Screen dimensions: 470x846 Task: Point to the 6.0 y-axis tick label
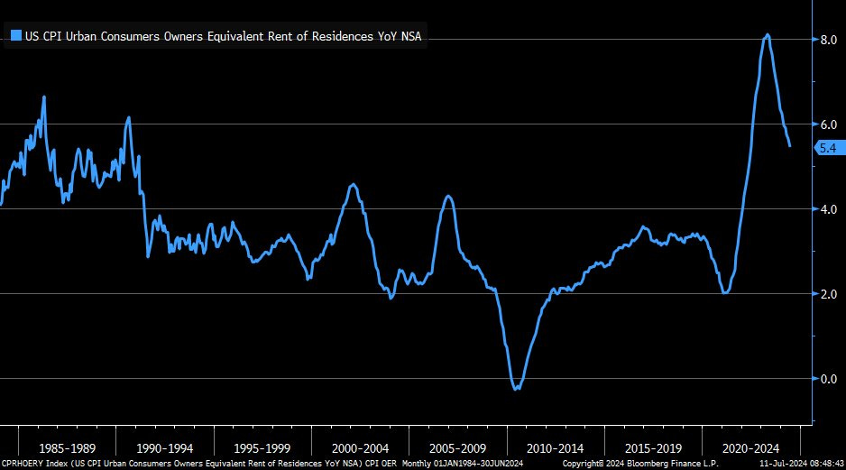click(828, 124)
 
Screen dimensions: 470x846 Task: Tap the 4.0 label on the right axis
click(828, 209)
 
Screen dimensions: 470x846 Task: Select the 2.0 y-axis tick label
click(828, 294)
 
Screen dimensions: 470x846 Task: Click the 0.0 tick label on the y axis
click(828, 379)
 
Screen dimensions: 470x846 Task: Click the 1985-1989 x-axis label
click(68, 447)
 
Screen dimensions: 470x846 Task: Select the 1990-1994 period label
click(165, 447)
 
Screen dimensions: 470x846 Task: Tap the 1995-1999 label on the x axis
click(262, 447)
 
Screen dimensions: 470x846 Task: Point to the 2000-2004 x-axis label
click(361, 447)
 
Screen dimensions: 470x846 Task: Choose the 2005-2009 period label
click(458, 447)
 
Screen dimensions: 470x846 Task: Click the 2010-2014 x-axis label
click(556, 447)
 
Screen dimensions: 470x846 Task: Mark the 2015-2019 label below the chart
click(653, 447)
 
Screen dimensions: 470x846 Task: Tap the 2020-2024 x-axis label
click(750, 447)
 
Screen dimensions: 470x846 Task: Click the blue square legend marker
click(15, 36)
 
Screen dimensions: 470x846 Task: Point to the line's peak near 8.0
click(767, 35)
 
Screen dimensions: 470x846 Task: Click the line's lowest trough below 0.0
click(516, 389)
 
